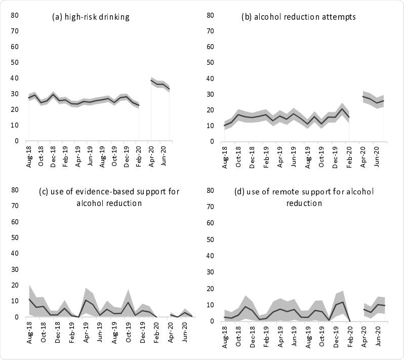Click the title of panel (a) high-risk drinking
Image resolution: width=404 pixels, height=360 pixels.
tap(91, 17)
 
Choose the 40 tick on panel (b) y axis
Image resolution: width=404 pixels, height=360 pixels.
tap(215, 78)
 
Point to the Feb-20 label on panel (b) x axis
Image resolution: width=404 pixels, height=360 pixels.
tap(350, 153)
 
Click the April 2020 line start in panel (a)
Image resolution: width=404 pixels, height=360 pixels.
tap(152, 80)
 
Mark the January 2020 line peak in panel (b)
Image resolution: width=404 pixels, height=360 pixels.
tap(342, 109)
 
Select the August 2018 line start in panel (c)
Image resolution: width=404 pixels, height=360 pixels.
tap(29, 299)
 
